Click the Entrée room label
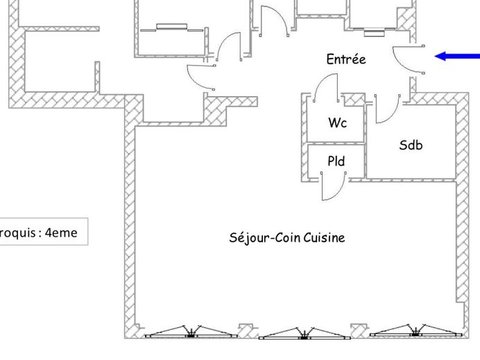(346, 59)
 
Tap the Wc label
(337, 123)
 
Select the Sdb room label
(411, 145)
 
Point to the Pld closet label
(336, 161)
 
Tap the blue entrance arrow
(457, 56)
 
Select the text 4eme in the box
(61, 232)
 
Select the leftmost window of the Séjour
(191, 332)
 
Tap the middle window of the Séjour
(304, 333)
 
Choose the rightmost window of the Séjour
(415, 331)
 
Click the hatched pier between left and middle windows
(248, 331)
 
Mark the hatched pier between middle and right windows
(360, 331)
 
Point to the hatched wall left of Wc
(304, 137)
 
